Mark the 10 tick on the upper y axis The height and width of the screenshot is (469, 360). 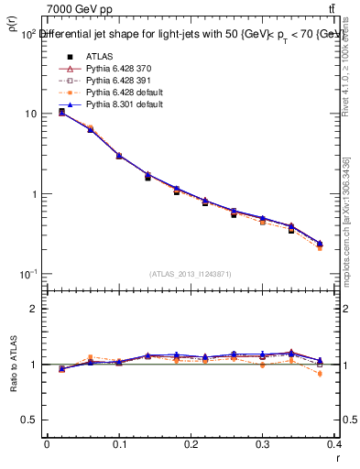coord(30,115)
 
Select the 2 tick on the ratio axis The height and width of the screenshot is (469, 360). coord(32,309)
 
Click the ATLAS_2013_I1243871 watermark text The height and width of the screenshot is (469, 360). coord(190,274)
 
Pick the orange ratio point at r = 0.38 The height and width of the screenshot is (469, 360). coord(320,374)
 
